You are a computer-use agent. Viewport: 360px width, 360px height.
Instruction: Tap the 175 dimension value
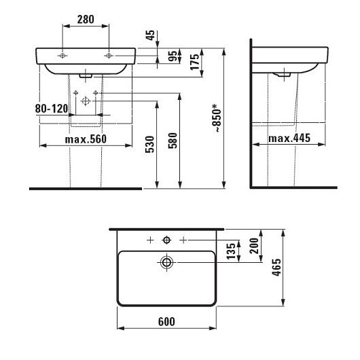194,63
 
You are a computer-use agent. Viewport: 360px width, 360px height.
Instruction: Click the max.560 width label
86,139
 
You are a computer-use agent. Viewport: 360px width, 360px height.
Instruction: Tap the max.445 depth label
289,139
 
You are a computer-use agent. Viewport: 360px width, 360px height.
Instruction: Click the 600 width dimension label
166,322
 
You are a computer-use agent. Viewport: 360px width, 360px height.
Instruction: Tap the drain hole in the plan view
166,262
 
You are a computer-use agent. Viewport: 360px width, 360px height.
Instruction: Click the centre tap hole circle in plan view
166,241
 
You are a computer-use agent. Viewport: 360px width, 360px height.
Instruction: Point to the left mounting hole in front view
62,55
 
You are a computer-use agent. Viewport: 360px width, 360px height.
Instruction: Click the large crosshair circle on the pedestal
86,101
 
